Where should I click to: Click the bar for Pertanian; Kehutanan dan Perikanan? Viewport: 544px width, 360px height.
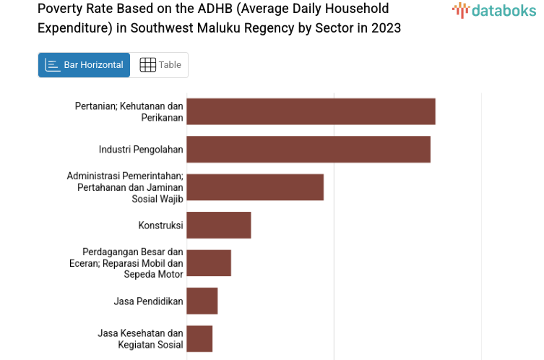(311, 112)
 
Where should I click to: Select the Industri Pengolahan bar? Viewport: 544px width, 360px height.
(308, 150)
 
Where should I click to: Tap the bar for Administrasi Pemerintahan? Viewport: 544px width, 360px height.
(255, 187)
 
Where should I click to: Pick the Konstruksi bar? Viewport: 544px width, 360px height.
(219, 225)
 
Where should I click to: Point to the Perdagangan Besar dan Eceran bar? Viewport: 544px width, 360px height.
(209, 263)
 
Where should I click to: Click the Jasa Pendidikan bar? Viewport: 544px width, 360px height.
(202, 301)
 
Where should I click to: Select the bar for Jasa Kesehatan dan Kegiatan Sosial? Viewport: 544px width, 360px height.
(199, 338)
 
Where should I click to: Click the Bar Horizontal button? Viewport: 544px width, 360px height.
(84, 65)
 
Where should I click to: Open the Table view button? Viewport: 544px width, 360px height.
(160, 65)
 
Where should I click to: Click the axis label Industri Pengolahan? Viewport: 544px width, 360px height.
(141, 150)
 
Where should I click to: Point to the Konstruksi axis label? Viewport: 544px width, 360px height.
(160, 226)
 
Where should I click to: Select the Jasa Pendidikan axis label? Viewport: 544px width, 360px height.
(148, 301)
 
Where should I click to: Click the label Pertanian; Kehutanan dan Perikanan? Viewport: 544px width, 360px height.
(129, 112)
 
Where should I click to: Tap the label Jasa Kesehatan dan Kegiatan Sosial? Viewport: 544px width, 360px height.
(140, 338)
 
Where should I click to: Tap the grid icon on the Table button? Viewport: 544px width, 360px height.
(147, 65)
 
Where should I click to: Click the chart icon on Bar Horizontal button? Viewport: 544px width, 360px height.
(53, 65)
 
